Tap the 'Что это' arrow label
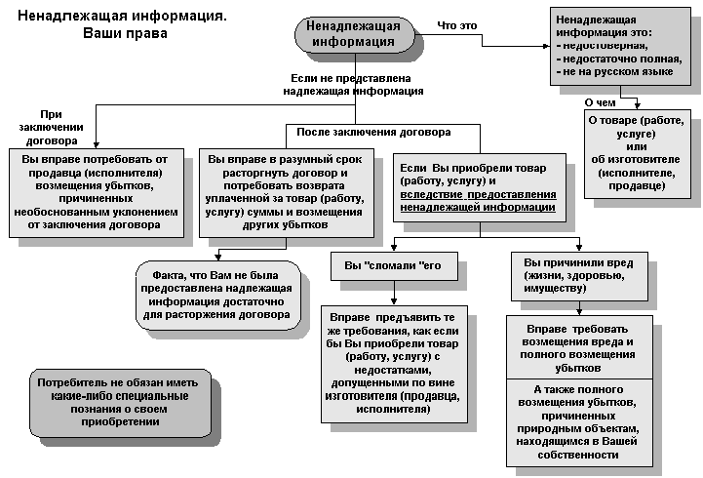[457, 24]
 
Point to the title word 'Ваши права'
[126, 32]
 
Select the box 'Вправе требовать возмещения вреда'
[579, 343]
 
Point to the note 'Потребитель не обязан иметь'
[121, 401]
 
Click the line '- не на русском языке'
[614, 72]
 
